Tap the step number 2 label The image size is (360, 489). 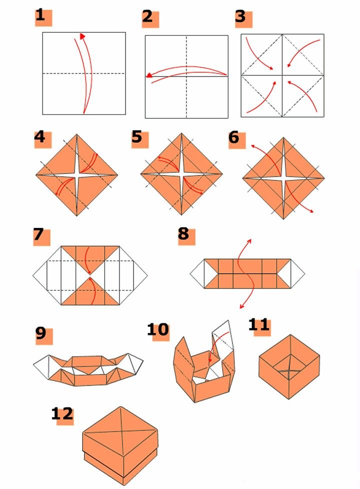click(147, 16)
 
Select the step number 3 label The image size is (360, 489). click(241, 16)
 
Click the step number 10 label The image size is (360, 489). click(157, 329)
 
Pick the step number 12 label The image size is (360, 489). click(62, 413)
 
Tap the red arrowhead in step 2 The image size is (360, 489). click(149, 75)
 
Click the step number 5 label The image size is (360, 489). click(137, 136)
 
